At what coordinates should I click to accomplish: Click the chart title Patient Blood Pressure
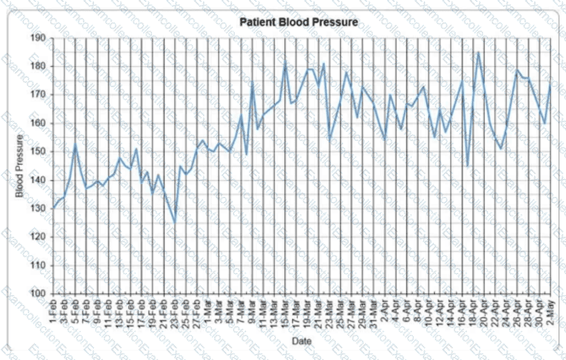click(299, 23)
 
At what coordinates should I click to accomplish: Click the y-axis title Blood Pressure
click(20, 166)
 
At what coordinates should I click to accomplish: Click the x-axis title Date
click(300, 340)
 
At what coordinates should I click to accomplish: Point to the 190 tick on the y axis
click(37, 38)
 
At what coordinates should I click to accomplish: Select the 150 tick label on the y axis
click(37, 151)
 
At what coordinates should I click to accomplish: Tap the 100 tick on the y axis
click(37, 294)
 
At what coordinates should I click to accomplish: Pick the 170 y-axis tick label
click(37, 94)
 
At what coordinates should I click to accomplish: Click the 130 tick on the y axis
click(37, 209)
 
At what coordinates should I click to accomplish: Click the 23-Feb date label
click(175, 313)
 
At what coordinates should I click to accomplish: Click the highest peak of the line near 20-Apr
click(478, 52)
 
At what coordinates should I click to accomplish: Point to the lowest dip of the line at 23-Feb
click(175, 223)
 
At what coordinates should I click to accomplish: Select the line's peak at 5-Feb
click(75, 144)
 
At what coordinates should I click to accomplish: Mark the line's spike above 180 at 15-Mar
click(285, 61)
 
